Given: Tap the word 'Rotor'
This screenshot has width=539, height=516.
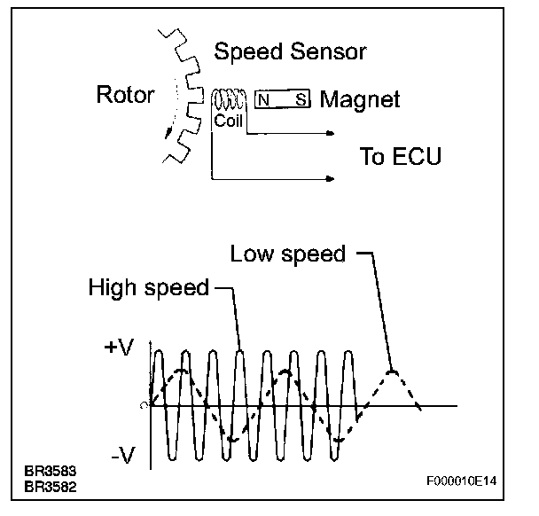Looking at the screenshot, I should tap(126, 96).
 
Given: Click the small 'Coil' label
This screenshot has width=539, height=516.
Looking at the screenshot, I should tap(229, 120).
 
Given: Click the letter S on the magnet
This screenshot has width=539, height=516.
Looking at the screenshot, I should tap(300, 100).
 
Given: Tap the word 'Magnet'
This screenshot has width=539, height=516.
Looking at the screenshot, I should tap(359, 98).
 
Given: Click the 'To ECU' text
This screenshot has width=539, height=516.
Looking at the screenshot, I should tap(400, 157).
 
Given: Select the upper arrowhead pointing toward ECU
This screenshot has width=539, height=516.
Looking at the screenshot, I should tap(330, 135).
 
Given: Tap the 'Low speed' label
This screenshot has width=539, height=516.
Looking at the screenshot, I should tap(287, 254).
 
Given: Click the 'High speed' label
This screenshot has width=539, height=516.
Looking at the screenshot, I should tap(149, 288).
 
